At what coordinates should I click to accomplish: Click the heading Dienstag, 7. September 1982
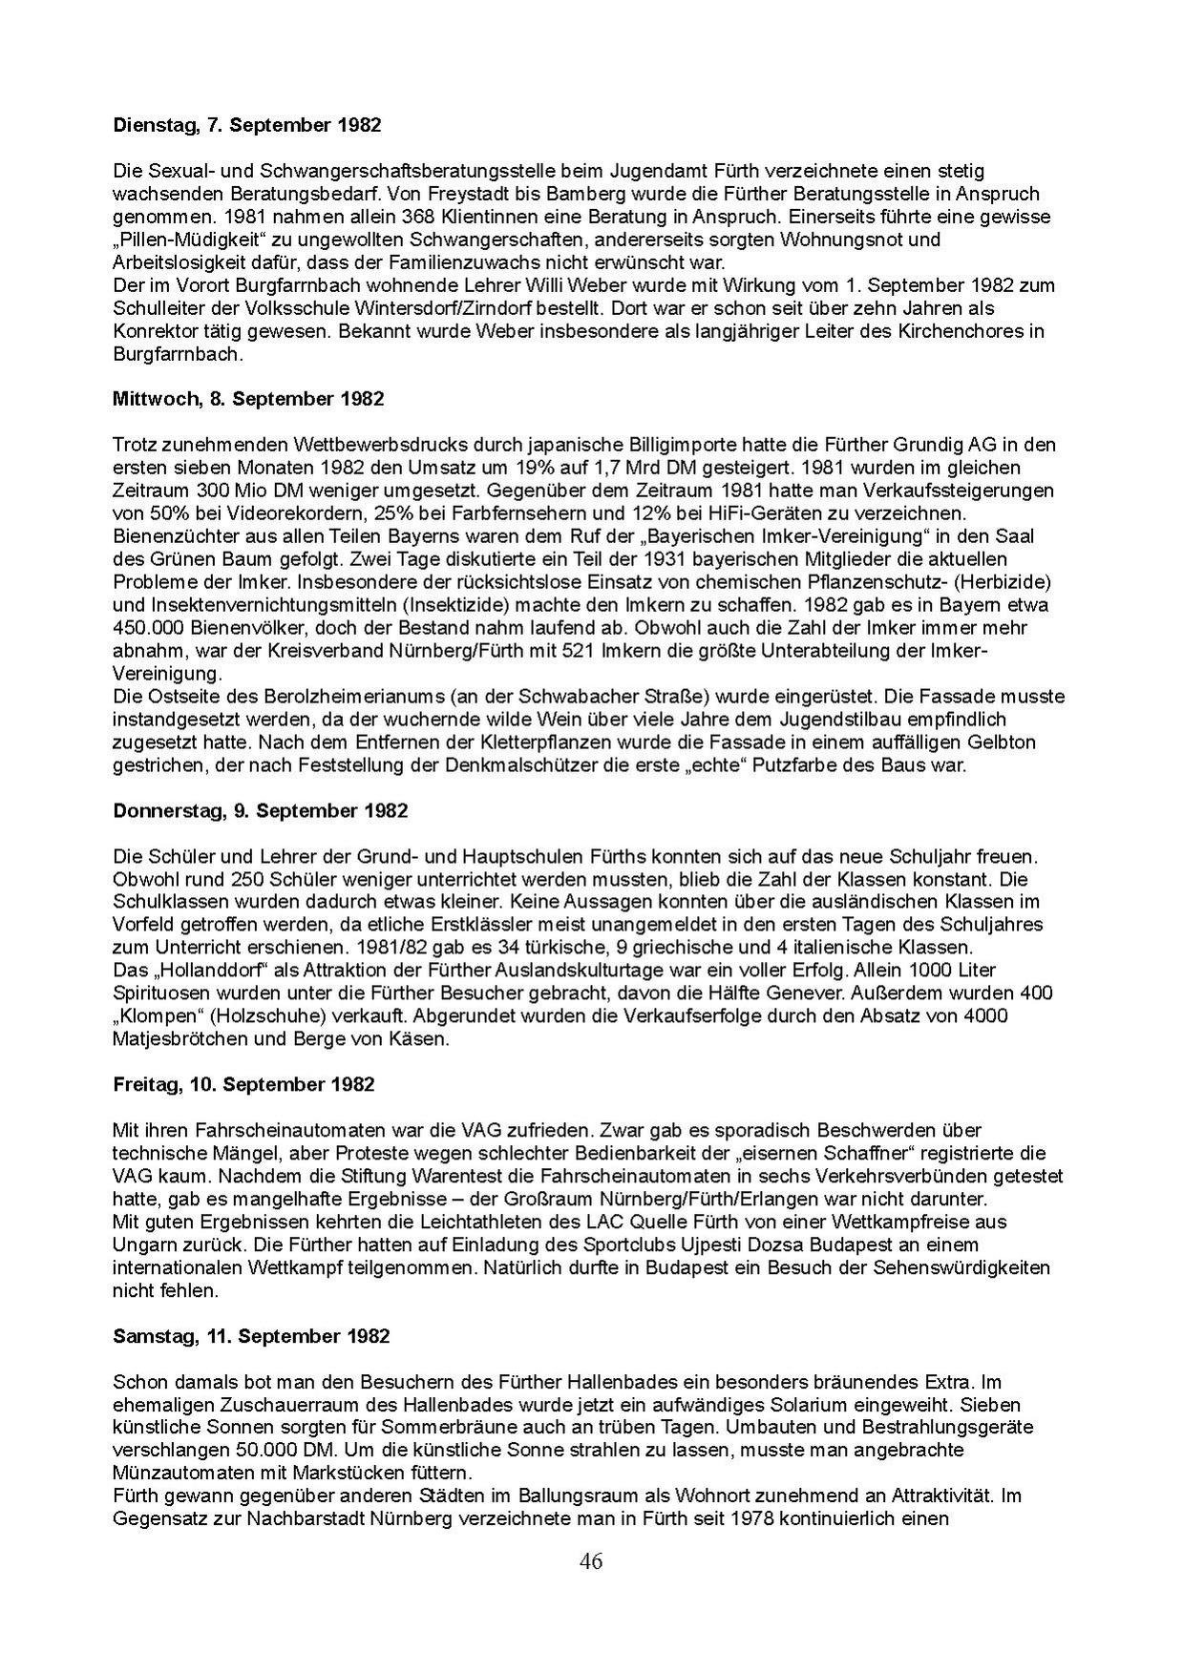(246, 125)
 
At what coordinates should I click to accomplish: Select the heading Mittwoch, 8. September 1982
(248, 399)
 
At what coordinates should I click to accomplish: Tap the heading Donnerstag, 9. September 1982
(260, 810)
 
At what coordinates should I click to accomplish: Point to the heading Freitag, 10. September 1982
(243, 1084)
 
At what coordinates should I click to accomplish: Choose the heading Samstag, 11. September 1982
(251, 1336)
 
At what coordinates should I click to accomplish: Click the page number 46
(590, 1561)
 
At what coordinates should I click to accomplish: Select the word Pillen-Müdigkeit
(188, 240)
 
